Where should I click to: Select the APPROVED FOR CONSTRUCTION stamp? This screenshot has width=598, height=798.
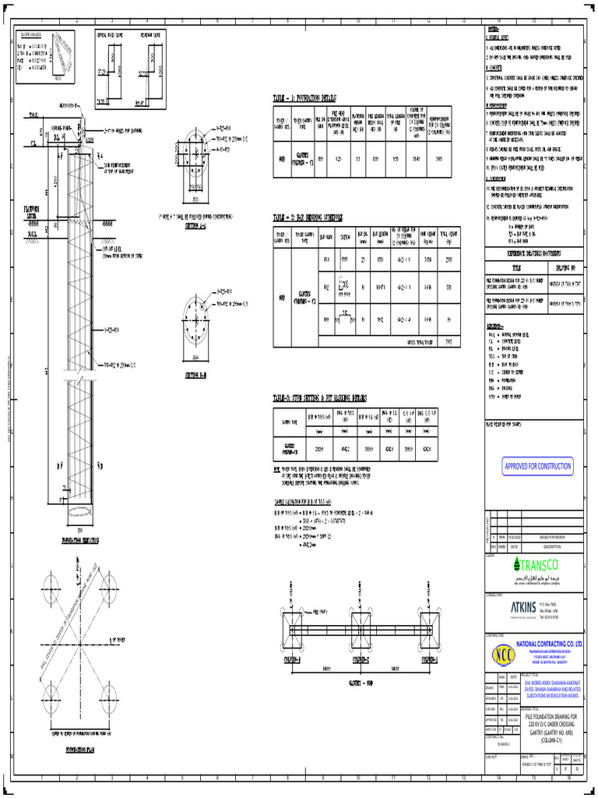(x=537, y=466)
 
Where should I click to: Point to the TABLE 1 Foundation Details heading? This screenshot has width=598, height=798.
(x=304, y=99)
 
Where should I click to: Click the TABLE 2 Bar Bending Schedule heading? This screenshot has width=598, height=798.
(x=308, y=217)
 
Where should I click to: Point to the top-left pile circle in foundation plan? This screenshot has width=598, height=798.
(x=49, y=584)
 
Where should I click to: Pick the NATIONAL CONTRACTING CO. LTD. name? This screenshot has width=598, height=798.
(x=550, y=644)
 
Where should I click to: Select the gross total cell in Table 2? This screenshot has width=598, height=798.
(x=448, y=341)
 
